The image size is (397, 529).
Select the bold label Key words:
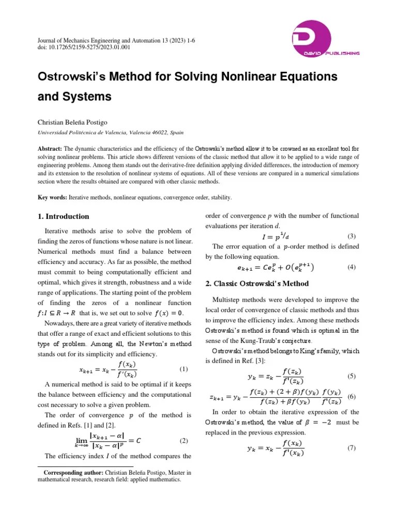pyautogui.click(x=53, y=197)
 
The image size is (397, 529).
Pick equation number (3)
pyautogui.click(x=352, y=237)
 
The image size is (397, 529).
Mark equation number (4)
pyautogui.click(x=352, y=267)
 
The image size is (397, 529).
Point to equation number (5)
pyautogui.click(x=352, y=376)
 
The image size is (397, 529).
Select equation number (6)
pyautogui.click(x=352, y=397)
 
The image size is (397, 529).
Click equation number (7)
pyautogui.click(x=352, y=447)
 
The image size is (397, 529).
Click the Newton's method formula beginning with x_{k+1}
pyautogui.click(x=108, y=369)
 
